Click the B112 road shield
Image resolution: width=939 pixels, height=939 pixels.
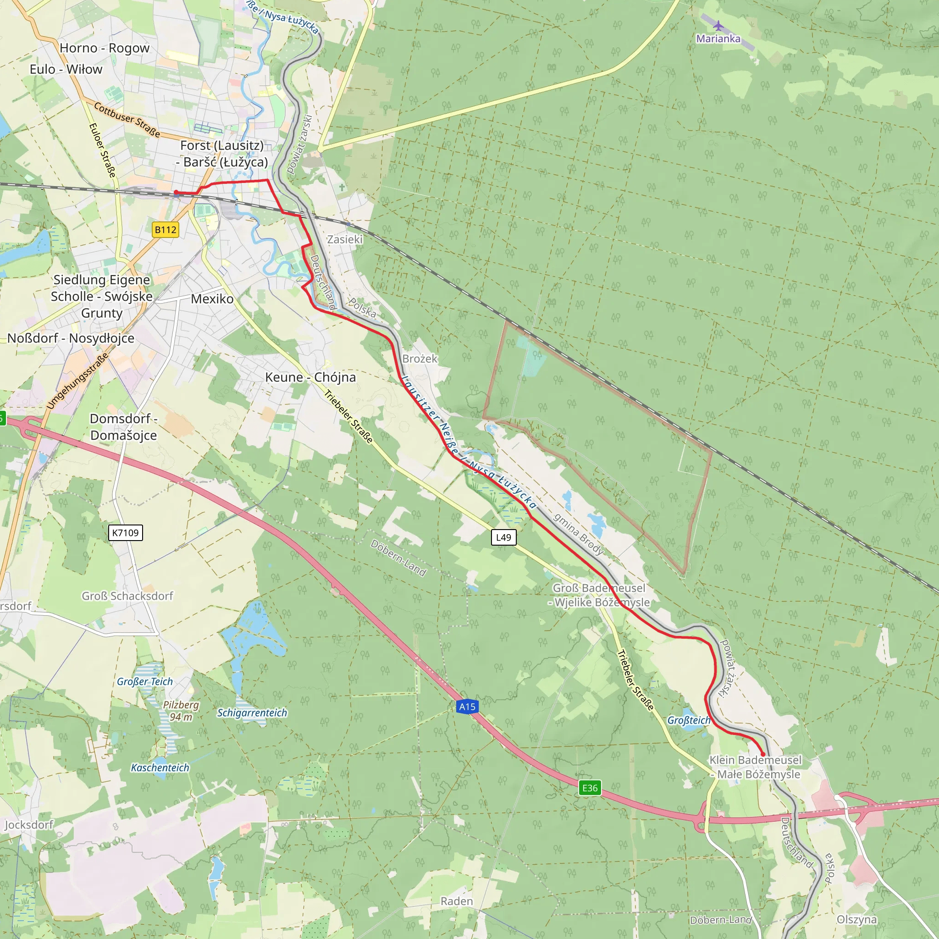165,229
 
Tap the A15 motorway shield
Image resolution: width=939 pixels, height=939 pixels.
467,706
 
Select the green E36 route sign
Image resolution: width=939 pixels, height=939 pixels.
590,788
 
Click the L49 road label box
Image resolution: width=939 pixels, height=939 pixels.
503,537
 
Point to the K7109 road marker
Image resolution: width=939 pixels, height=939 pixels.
125,533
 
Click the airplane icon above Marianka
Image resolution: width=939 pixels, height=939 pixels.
718,26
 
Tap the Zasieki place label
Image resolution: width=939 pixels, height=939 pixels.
345,239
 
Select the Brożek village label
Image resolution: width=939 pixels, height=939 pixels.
420,359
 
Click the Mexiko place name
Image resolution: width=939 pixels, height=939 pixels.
212,299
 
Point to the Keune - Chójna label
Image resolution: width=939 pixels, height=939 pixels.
310,377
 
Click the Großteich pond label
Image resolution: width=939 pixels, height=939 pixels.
688,720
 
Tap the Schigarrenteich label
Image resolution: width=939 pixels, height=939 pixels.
252,713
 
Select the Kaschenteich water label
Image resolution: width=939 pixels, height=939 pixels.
160,768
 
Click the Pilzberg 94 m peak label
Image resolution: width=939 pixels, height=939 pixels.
181,711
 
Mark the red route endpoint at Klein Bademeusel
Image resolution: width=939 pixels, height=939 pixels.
762,755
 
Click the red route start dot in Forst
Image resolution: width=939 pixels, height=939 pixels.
176,193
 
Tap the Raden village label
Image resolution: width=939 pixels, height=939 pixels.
456,901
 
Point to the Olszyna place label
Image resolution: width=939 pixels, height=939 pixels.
856,920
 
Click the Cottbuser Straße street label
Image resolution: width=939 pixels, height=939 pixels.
127,120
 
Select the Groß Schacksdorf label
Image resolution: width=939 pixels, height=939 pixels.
127,596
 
